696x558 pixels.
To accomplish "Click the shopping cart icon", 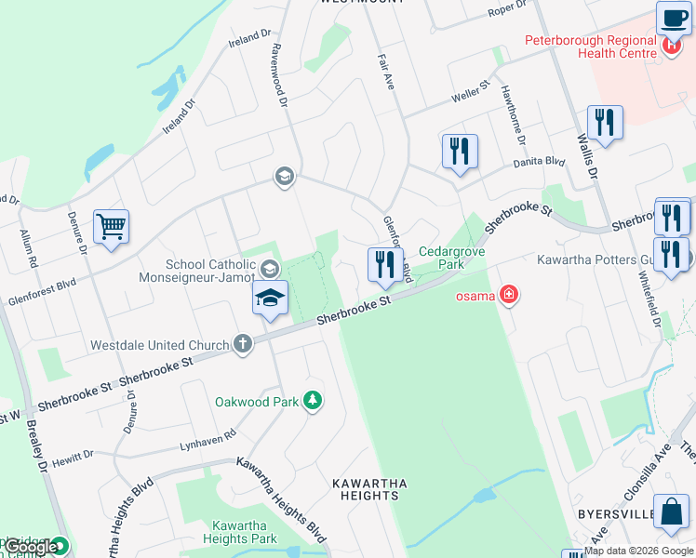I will [111, 226].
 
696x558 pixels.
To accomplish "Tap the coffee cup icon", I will [673, 18].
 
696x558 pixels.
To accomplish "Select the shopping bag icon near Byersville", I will [671, 511].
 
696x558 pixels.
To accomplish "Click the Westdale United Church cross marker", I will [242, 345].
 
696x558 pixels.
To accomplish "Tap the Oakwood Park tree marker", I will [314, 401].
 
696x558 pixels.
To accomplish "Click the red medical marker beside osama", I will [509, 297].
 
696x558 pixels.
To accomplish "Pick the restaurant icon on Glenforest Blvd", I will [385, 264].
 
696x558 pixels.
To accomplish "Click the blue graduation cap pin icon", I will [269, 299].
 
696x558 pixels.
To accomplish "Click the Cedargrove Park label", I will [441, 258].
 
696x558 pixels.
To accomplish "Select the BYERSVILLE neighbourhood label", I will [620, 513].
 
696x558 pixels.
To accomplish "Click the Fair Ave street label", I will [386, 70].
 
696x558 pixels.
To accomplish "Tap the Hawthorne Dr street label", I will [514, 113].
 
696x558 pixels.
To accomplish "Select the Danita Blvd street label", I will [540, 162].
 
